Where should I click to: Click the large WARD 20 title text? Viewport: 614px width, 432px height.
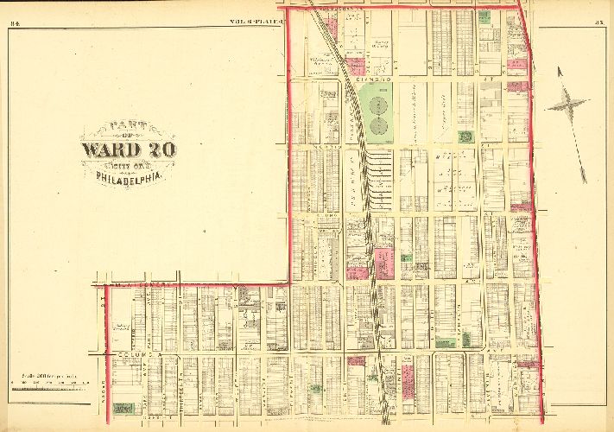(129, 149)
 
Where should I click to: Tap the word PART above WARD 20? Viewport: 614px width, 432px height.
(129, 129)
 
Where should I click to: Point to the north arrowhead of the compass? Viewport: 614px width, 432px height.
(559, 70)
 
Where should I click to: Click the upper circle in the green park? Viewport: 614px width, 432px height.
(377, 105)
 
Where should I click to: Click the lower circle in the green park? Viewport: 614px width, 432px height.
(377, 126)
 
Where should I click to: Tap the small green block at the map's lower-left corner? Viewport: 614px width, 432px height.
(123, 407)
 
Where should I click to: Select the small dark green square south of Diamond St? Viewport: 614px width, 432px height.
(465, 137)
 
